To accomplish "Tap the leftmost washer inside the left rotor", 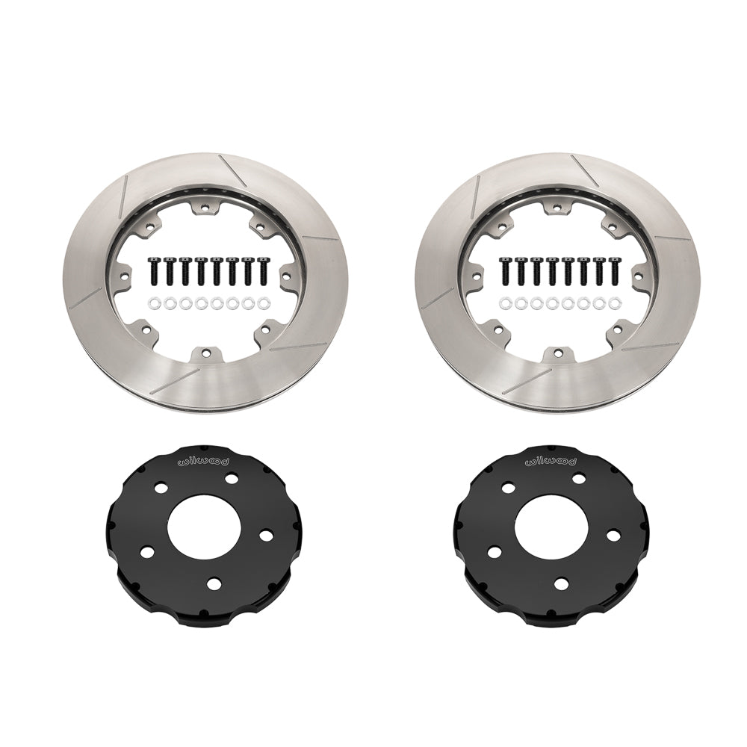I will click(x=154, y=303).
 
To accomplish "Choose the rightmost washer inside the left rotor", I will click(x=263, y=303).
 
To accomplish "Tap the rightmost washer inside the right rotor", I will click(x=613, y=303).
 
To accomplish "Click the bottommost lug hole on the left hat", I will click(x=214, y=584).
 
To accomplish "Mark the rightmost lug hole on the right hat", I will click(x=611, y=536).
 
